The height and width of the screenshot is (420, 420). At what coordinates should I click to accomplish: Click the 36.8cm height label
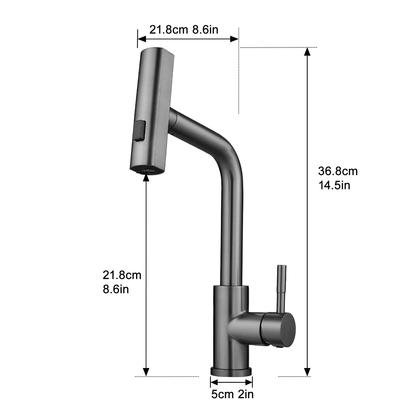click(338, 171)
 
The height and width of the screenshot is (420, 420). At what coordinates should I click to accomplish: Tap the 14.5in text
click(334, 185)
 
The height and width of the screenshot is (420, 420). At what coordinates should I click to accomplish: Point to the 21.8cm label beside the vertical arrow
click(122, 275)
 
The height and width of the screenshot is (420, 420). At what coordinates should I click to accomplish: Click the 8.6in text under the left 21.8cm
click(116, 290)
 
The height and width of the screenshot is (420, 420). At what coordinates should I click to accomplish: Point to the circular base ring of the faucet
click(231, 371)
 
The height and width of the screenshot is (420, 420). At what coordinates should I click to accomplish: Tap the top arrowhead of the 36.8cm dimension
click(307, 52)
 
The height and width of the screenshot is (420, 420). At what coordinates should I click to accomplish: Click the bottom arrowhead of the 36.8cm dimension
click(307, 372)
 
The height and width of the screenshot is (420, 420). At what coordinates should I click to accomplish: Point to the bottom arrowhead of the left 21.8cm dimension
click(146, 372)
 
